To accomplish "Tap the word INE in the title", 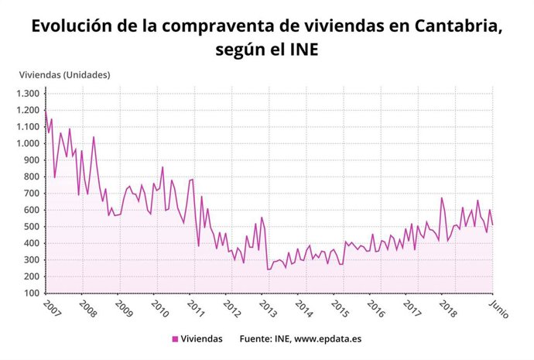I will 302,50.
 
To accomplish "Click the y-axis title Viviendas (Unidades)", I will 64,75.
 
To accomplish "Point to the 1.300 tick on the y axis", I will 27,94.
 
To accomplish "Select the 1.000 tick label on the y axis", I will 27,144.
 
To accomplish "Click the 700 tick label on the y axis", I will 31,194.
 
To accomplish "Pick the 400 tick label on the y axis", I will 31,243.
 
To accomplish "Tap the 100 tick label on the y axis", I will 31,293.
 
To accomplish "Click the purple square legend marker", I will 175,339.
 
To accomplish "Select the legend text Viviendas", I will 202,339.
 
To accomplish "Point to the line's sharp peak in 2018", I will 442,198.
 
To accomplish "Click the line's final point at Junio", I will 493,225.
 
